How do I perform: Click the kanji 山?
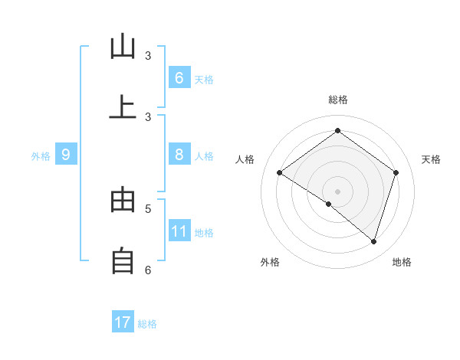click(x=123, y=47)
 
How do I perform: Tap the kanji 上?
click(x=123, y=107)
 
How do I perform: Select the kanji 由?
click(x=123, y=200)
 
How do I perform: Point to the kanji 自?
click(x=123, y=260)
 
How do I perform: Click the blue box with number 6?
click(x=179, y=77)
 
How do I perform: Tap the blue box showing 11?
click(x=179, y=231)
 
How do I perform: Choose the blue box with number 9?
click(x=66, y=155)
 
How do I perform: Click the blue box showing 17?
click(x=123, y=322)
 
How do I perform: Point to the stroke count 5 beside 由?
click(x=148, y=208)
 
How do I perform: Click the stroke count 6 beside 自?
click(x=148, y=270)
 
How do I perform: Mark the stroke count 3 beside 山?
click(x=148, y=56)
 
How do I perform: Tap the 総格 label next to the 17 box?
click(x=147, y=324)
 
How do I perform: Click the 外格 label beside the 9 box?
click(x=41, y=156)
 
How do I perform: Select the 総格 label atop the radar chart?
click(x=337, y=100)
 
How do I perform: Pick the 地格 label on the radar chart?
click(x=402, y=262)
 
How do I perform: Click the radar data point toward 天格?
click(x=396, y=172)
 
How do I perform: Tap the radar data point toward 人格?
click(x=279, y=172)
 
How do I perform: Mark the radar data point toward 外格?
click(x=329, y=204)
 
